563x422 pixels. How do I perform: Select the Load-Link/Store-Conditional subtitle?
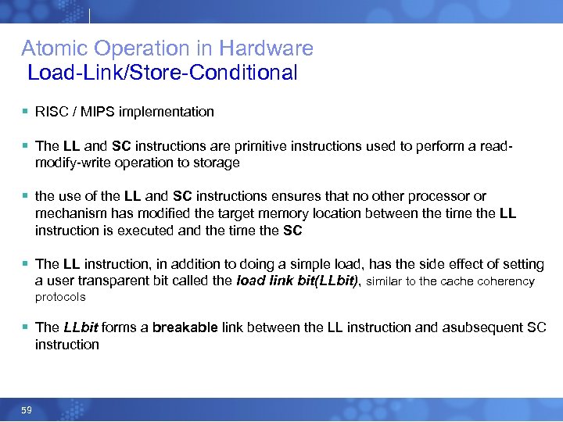[x=163, y=73]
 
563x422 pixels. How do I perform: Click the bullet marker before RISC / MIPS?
[x=25, y=112]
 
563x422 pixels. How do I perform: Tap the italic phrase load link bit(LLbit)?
[x=297, y=281]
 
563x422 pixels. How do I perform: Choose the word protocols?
[x=60, y=298]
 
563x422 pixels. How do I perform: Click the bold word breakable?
[x=185, y=327]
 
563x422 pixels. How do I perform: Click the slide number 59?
[x=27, y=409]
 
